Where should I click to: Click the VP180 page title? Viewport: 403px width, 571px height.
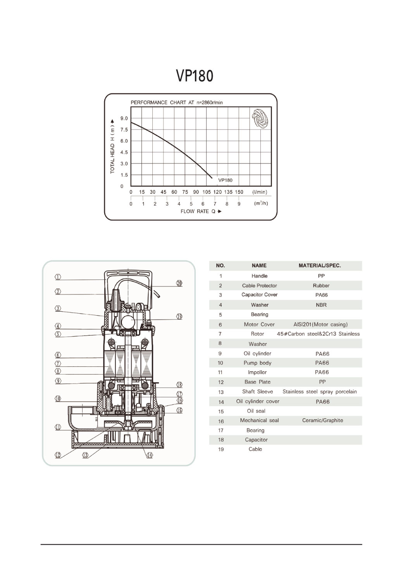click(x=195, y=76)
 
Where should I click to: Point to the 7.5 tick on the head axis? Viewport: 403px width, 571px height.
click(x=124, y=130)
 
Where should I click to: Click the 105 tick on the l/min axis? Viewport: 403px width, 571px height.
click(x=207, y=192)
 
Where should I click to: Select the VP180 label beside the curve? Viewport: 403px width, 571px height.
click(x=225, y=180)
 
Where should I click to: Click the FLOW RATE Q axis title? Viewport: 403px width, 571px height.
click(x=201, y=211)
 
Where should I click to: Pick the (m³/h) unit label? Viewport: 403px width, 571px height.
click(x=261, y=203)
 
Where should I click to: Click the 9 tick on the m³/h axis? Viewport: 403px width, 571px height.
click(x=239, y=204)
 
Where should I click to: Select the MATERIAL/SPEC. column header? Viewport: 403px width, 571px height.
click(x=320, y=266)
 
